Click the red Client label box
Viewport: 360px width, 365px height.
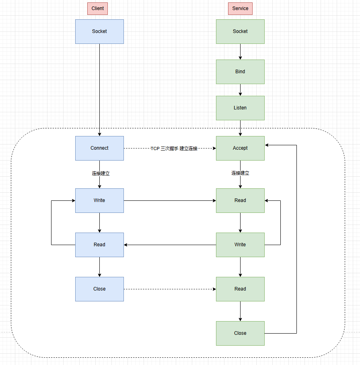(x=98, y=8)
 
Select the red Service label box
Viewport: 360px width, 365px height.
(x=240, y=8)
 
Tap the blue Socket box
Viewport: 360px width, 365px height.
(x=99, y=31)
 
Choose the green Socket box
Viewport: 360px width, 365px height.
(x=240, y=31)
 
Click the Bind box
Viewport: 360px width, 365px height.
(x=240, y=72)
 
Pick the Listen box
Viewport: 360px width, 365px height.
(x=240, y=108)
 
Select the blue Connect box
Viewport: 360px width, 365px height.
(x=99, y=148)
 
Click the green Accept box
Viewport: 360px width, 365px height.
(x=240, y=148)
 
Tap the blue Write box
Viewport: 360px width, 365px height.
(x=99, y=200)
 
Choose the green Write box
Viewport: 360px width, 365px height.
(x=240, y=245)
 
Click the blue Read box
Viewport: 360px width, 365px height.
(x=99, y=245)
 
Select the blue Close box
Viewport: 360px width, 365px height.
(x=99, y=289)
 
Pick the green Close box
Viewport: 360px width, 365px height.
(x=240, y=333)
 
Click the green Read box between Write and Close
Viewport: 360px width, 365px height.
(x=240, y=289)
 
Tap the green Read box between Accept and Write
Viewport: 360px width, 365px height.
(x=240, y=200)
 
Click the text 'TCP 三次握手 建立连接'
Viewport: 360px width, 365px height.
(x=174, y=148)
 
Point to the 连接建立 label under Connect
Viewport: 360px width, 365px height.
(x=101, y=173)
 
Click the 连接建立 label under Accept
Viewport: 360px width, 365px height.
(x=240, y=173)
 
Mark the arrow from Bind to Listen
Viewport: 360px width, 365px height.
(x=240, y=90)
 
